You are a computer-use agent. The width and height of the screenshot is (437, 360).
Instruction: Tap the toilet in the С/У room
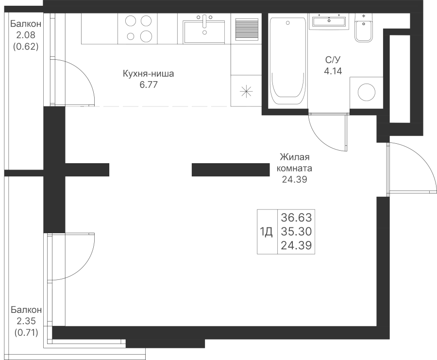[x=363, y=27]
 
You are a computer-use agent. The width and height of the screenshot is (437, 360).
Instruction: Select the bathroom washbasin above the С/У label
[x=329, y=21]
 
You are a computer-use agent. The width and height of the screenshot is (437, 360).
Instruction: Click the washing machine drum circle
[x=367, y=92]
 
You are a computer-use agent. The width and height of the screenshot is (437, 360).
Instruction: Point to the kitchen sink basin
[x=204, y=32]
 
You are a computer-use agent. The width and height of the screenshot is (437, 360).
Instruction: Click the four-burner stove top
[x=138, y=29]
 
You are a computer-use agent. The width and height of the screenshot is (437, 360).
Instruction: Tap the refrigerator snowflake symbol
[x=246, y=91]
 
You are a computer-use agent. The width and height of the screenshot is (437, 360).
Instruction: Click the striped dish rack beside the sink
[x=247, y=30]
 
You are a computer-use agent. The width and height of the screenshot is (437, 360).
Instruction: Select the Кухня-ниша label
[x=148, y=74]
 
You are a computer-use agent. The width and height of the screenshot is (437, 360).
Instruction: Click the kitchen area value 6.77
[x=149, y=85]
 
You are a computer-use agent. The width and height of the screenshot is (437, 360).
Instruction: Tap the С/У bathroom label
[x=333, y=60]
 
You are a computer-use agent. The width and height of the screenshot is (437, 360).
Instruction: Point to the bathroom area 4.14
[x=333, y=71]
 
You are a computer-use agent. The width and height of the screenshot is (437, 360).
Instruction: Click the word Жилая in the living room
[x=295, y=157]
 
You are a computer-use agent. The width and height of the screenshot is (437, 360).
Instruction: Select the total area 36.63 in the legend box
[x=296, y=217]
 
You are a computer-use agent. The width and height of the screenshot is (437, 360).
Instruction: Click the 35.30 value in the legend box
[x=296, y=231]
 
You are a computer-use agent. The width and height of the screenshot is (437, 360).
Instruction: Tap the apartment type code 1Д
[x=266, y=231]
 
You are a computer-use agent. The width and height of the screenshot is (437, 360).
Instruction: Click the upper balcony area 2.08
[x=26, y=35]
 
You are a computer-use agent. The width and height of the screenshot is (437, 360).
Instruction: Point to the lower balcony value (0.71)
[x=26, y=332]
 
